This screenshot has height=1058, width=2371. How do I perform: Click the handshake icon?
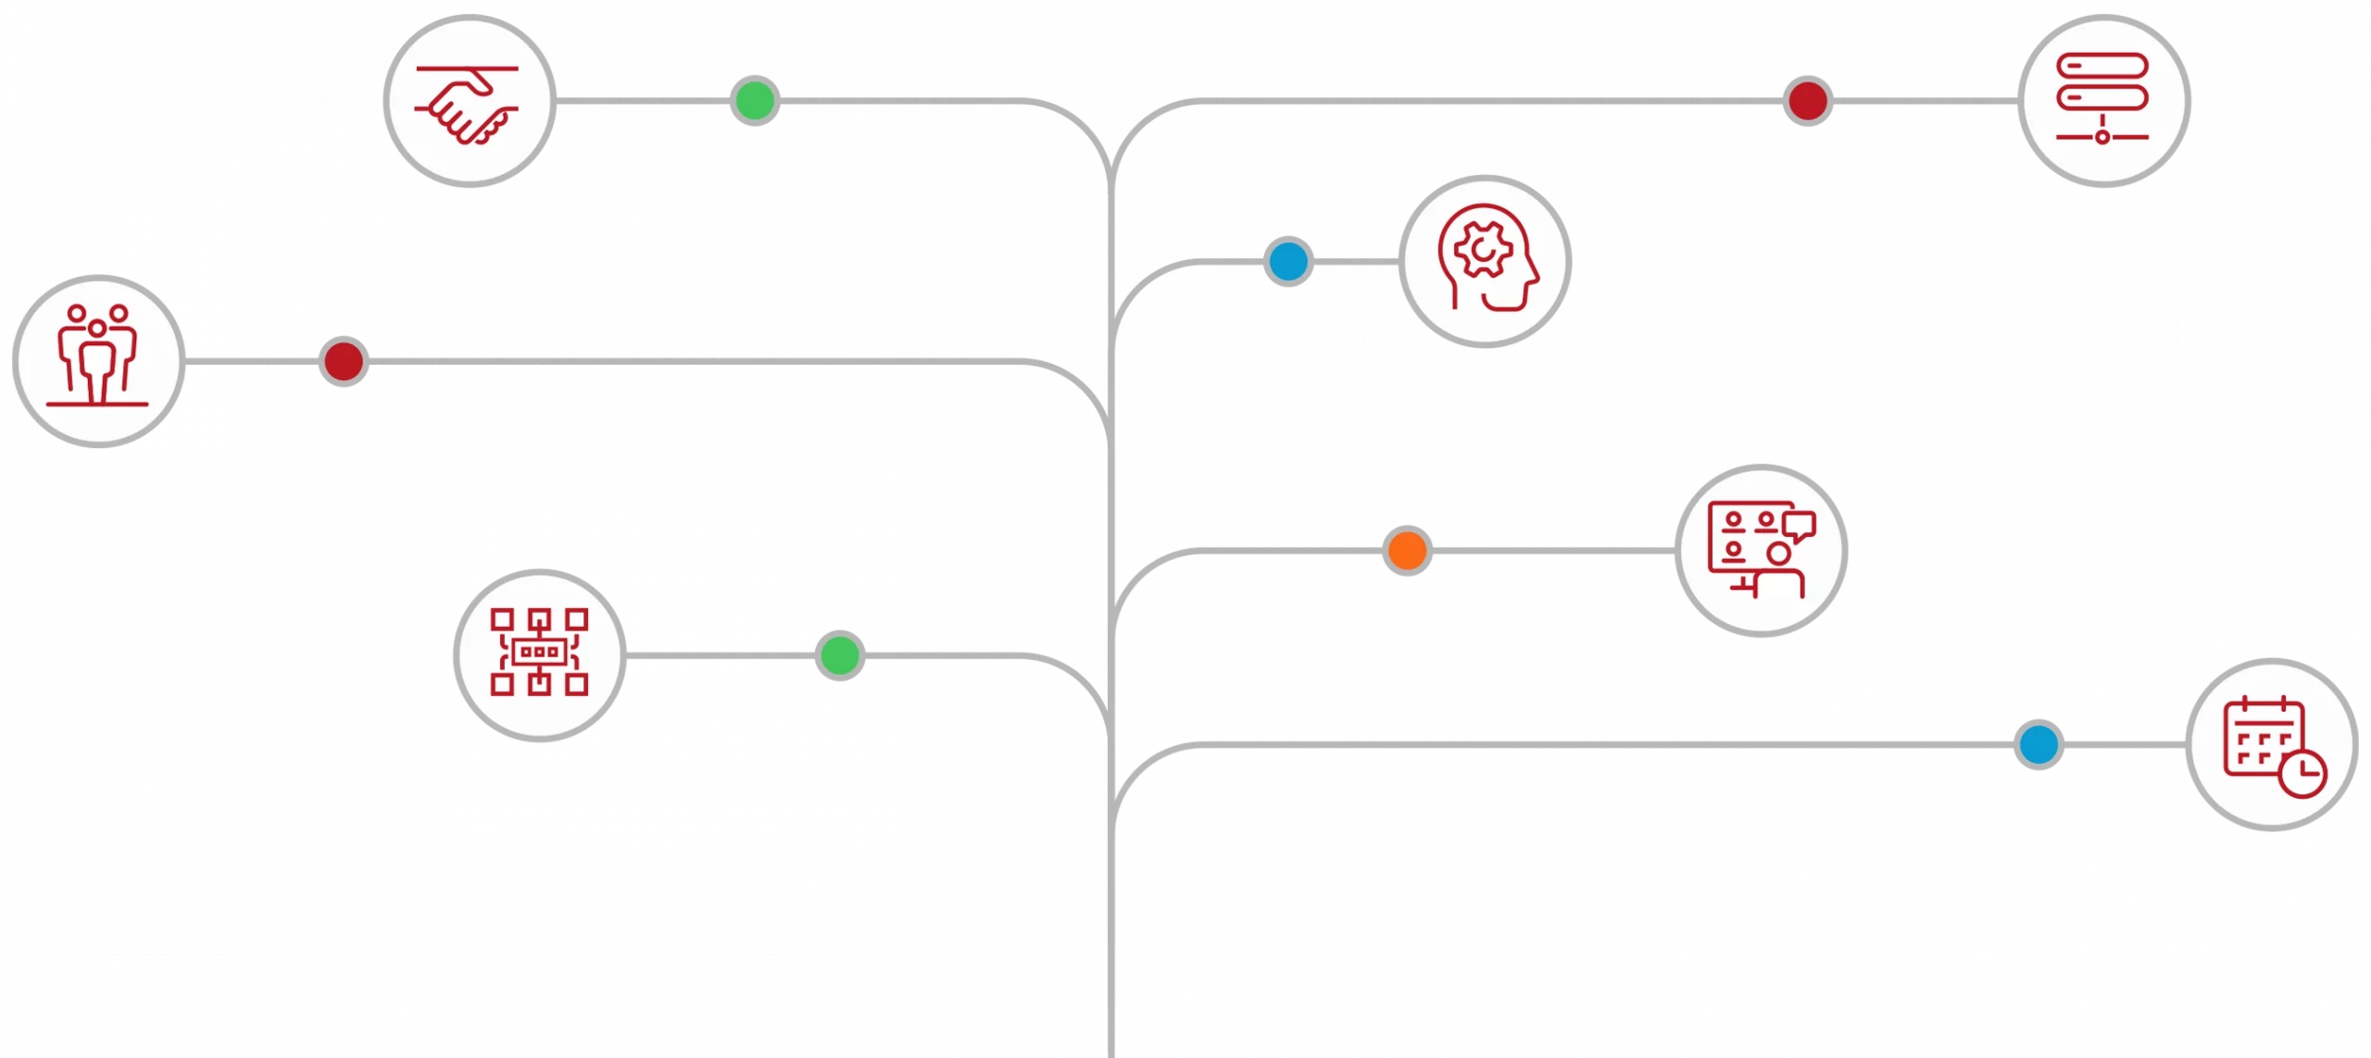point(469,102)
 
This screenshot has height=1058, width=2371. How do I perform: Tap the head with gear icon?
point(1485,260)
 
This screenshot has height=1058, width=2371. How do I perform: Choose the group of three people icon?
point(98,360)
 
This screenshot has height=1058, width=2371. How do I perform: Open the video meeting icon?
point(1761,551)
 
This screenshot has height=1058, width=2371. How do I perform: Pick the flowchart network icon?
point(539,653)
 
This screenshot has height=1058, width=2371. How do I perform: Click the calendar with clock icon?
point(2272,745)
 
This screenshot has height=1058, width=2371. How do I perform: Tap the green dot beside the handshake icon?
point(754,100)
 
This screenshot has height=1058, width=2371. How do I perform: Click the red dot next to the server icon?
point(1807,100)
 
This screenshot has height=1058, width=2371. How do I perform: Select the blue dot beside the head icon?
point(1287,261)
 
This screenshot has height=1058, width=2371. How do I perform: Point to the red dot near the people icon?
point(343,360)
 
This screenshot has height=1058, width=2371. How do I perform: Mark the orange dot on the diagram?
point(1407,550)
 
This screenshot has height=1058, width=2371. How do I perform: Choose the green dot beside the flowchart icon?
point(840,655)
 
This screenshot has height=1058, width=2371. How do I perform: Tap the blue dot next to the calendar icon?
point(2039,744)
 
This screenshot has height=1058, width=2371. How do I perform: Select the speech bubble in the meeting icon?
point(1799,525)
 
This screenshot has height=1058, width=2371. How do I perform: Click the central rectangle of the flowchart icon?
point(539,653)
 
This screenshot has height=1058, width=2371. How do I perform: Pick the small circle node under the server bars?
point(2102,137)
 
